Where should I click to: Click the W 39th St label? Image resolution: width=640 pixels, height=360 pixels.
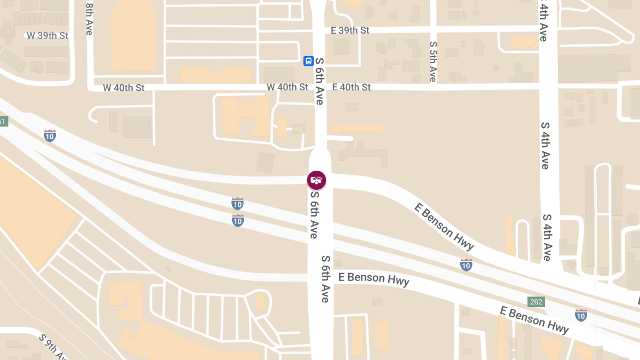coord(48,36)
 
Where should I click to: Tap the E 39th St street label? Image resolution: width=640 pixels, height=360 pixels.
coord(350,30)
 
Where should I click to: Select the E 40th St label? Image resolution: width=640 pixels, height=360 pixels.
coord(351,87)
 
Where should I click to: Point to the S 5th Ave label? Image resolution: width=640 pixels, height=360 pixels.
coord(433,62)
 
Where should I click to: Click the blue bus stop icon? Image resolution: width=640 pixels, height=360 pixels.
coord(308,61)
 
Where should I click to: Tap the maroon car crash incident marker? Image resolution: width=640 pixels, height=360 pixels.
coord(317,180)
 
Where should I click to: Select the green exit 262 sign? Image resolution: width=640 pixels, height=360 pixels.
coord(536,302)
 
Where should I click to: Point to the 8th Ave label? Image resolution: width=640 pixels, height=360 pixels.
coord(89,18)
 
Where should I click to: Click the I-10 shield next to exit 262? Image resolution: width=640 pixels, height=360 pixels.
coord(581,314)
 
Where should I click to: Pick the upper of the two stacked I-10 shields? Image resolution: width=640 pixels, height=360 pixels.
coord(238,203)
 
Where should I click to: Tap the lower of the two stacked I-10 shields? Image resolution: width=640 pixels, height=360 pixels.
coord(238,220)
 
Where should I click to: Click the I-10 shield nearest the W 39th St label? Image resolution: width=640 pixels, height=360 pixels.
coord(50,135)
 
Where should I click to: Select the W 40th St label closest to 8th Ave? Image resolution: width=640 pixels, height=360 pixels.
coord(124,87)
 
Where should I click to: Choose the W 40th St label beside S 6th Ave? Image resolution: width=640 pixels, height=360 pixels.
coord(287,87)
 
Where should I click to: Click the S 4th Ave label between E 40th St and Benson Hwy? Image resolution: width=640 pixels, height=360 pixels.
coord(545,146)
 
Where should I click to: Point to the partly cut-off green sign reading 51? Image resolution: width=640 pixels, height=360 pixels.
coord(3,122)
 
